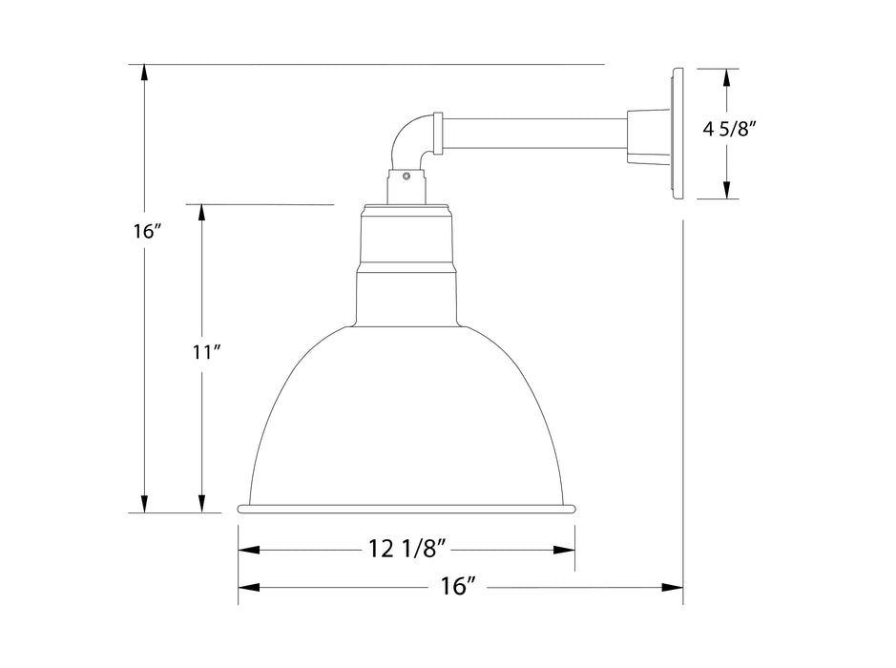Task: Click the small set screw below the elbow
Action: click(406, 176)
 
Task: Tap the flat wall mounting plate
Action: click(678, 134)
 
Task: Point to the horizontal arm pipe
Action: click(534, 134)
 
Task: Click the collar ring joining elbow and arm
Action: click(438, 134)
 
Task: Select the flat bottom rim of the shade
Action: click(407, 508)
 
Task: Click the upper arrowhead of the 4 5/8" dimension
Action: click(728, 77)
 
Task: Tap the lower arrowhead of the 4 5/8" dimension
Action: click(728, 190)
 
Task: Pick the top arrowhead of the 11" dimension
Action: click(202, 213)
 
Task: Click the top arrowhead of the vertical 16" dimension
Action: click(144, 73)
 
